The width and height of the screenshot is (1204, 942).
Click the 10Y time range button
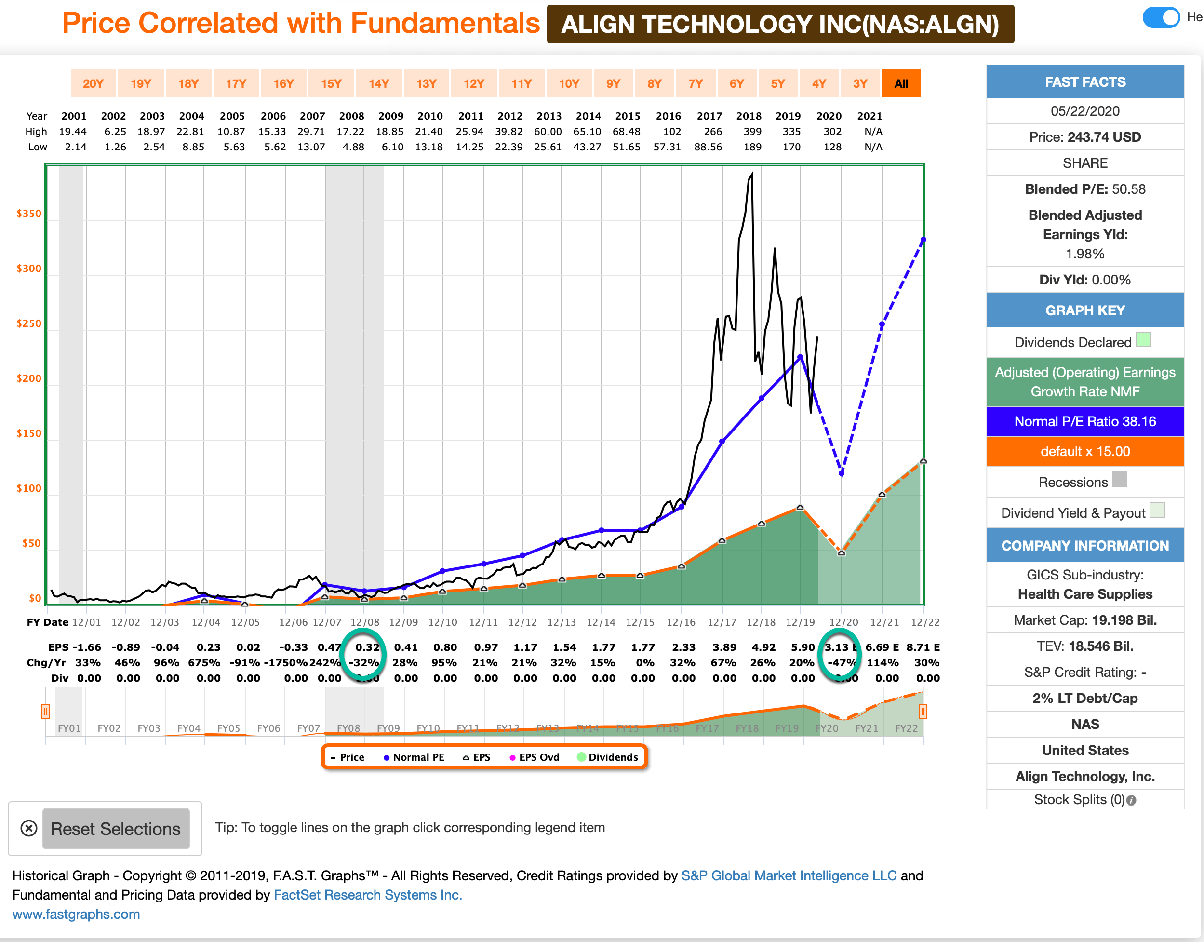(x=568, y=84)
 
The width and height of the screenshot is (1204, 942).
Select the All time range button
(x=901, y=84)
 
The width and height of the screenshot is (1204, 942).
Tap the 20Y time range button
(x=93, y=84)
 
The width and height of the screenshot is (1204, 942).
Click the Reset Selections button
(x=116, y=828)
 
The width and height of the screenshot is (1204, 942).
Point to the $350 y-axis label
(x=28, y=214)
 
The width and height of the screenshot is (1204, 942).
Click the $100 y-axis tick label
(x=28, y=488)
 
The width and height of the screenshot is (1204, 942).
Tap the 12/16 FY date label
(x=681, y=622)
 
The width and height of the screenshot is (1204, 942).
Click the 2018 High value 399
(x=752, y=131)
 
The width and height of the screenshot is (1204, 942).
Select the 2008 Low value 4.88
(x=353, y=147)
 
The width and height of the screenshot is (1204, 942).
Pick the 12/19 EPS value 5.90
(x=802, y=647)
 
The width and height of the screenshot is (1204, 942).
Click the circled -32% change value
(x=364, y=662)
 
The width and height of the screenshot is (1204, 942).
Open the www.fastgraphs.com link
(x=76, y=914)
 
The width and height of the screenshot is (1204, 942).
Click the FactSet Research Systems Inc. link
(x=368, y=895)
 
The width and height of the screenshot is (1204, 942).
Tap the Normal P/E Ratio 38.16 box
(x=1084, y=421)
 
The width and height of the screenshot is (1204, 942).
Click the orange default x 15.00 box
(x=1084, y=451)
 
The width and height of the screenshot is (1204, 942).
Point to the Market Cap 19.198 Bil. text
(x=1084, y=620)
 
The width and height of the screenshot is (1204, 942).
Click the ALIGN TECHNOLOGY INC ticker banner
(x=780, y=24)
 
